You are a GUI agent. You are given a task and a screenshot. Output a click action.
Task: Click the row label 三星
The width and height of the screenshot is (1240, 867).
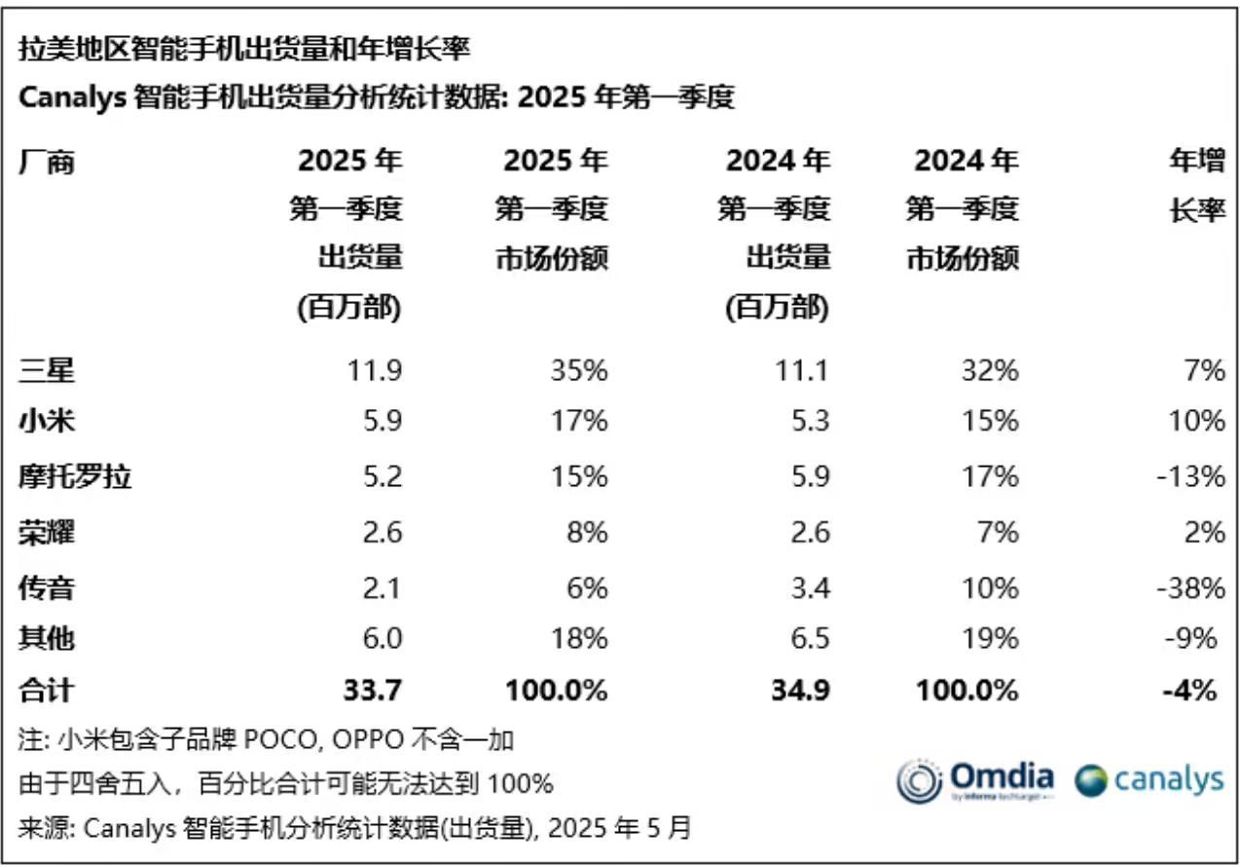(46, 370)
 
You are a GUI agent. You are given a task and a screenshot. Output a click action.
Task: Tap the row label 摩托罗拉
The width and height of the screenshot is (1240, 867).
(75, 477)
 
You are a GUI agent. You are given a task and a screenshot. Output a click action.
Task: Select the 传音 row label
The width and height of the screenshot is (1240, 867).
(46, 587)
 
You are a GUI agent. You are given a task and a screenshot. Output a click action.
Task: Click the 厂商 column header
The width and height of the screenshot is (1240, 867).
(46, 160)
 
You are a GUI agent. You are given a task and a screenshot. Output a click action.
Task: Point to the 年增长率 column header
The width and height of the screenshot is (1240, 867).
(1196, 184)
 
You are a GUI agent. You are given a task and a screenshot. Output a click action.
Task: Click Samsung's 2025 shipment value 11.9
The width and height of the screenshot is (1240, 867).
(375, 370)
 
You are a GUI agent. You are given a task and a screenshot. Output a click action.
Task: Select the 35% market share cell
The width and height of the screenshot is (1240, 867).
(581, 370)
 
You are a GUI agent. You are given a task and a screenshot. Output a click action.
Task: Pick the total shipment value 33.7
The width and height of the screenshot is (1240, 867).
(374, 691)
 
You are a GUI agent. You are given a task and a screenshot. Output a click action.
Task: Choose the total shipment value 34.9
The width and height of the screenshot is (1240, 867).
(802, 691)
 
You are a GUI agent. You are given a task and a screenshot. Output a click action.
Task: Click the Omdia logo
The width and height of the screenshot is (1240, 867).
(976, 781)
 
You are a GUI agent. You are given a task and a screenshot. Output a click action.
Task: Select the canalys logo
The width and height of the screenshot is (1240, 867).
(1149, 780)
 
